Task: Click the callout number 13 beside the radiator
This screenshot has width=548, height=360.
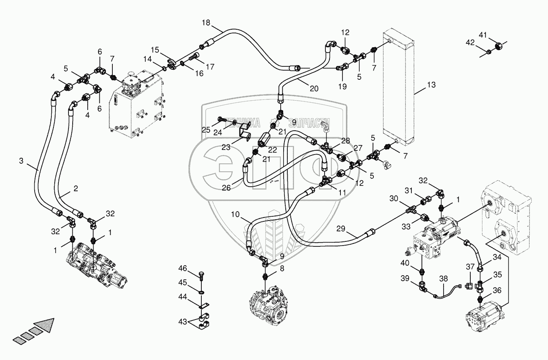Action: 431,85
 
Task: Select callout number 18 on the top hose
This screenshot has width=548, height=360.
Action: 206,22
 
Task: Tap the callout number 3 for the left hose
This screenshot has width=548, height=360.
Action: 21,160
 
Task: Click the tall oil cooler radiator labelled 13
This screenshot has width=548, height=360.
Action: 398,88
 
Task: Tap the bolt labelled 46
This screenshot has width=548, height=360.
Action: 202,276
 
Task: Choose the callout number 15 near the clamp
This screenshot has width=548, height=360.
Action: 155,50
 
